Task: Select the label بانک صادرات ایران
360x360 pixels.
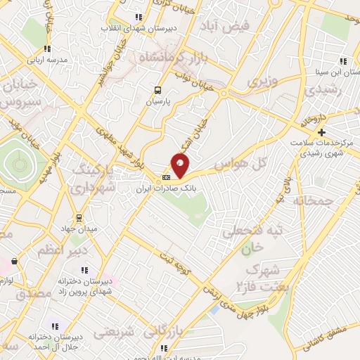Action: (x=167, y=188)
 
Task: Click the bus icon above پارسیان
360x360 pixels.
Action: (x=158, y=90)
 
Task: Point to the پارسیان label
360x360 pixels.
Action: (x=158, y=101)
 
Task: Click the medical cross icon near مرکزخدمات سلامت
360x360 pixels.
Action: (x=322, y=131)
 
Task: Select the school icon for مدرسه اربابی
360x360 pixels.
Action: (x=47, y=49)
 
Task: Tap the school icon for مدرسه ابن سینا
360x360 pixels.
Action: (x=342, y=60)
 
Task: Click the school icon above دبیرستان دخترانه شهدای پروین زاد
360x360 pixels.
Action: (x=86, y=270)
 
